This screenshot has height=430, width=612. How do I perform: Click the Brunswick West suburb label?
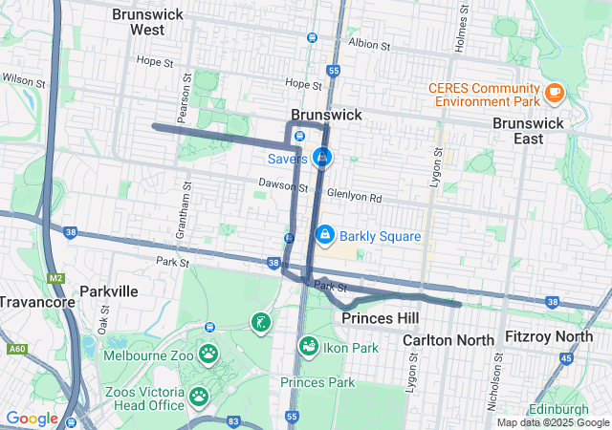tap(138, 22)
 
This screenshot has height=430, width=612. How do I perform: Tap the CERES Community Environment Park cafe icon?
tap(554, 92)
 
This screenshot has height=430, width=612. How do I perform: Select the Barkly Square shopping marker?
tap(325, 234)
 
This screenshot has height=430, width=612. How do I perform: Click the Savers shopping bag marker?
tap(322, 156)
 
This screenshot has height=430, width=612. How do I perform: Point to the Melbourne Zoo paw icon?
tap(208, 355)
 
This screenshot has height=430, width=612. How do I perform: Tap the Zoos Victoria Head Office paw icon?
tap(199, 396)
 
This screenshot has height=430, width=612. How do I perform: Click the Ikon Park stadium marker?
tap(309, 347)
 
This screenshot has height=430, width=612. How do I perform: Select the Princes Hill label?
tap(380, 317)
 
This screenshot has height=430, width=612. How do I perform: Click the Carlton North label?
tap(448, 340)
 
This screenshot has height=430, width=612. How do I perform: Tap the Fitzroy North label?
tap(549, 336)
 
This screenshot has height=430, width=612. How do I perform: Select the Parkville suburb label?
tap(109, 290)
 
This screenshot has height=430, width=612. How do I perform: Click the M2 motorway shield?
tap(55, 278)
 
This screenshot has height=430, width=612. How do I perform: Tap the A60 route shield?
tap(15, 350)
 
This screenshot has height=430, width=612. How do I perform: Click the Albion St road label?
tap(370, 45)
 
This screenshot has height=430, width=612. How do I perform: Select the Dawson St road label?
tap(278, 182)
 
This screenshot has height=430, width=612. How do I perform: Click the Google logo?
tap(32, 419)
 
